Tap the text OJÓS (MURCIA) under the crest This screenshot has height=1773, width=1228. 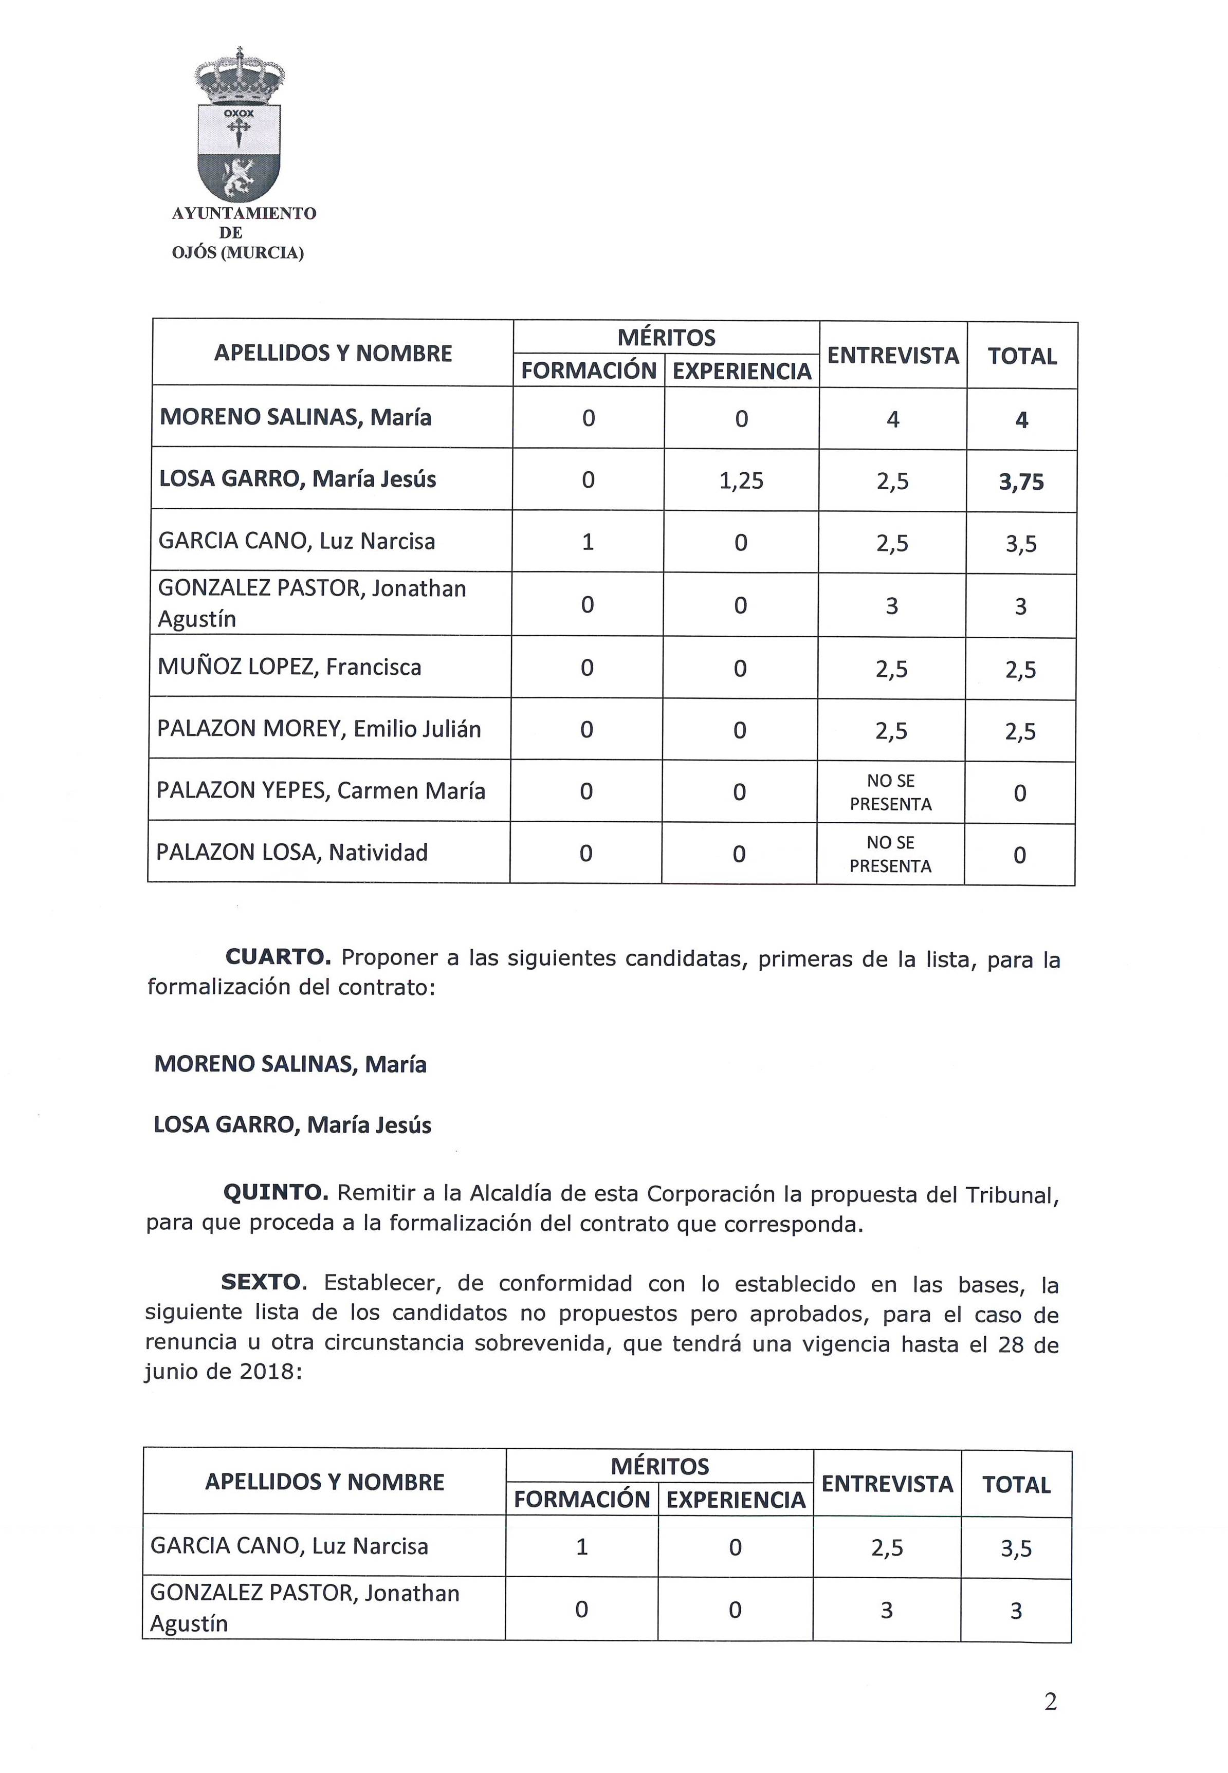click(x=238, y=253)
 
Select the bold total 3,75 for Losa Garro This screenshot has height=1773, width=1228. click(x=1021, y=482)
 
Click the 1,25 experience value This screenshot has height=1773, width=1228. click(x=741, y=481)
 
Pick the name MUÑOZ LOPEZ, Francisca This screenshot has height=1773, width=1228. click(x=289, y=667)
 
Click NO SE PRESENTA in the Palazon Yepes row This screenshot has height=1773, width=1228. click(x=890, y=792)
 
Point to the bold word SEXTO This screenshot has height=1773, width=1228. click(x=261, y=1282)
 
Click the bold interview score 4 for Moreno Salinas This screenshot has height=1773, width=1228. click(x=892, y=419)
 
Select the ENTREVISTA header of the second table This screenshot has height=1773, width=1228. click(x=887, y=1484)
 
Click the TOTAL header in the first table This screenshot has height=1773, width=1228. click(x=1022, y=356)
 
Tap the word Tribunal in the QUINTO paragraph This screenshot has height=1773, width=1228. click(x=1012, y=1194)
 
